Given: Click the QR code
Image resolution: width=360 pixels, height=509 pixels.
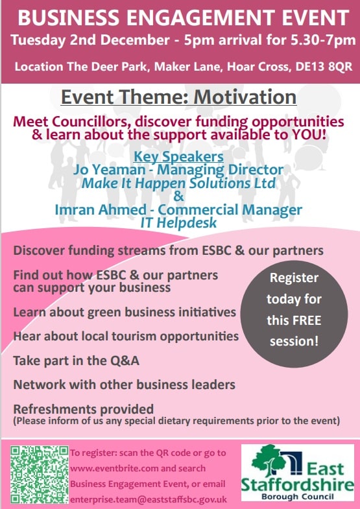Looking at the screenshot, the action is click(x=40, y=474).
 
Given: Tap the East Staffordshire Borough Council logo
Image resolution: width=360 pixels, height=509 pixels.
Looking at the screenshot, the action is click(x=297, y=472).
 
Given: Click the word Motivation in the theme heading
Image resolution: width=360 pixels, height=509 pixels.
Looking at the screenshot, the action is click(x=245, y=97).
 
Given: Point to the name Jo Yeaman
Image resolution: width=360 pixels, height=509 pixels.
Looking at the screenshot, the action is click(x=109, y=170).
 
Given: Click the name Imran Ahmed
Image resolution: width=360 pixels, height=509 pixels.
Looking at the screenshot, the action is click(x=101, y=209).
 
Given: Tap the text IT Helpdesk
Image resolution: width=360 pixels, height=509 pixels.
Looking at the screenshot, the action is click(x=178, y=222).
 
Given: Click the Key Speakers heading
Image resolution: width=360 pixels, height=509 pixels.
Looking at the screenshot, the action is click(x=178, y=156).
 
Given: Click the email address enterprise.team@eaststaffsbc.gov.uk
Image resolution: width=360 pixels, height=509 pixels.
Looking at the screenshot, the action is click(x=149, y=499).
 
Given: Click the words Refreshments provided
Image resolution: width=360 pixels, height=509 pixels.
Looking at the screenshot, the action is click(x=84, y=408).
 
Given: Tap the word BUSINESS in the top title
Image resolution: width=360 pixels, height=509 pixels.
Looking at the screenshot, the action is click(x=69, y=18).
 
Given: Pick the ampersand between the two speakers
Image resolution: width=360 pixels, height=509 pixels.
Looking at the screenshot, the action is click(x=178, y=196).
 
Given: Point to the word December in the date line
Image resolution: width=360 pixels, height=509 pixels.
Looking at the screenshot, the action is click(x=135, y=40).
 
